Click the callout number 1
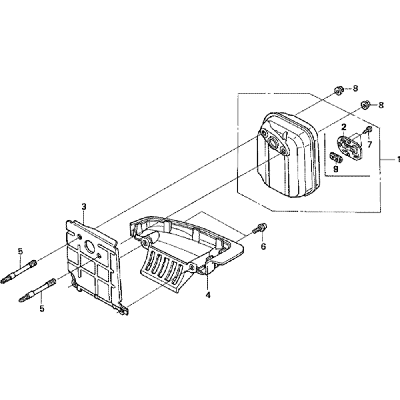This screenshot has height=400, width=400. [398, 160]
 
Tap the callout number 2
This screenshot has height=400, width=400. [344, 127]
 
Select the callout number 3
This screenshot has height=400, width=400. [84, 206]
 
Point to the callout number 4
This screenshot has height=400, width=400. [208, 295]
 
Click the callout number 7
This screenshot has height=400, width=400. [370, 144]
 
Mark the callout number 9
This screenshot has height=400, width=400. [336, 169]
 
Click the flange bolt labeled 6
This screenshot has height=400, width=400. [260, 228]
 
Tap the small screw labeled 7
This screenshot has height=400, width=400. [368, 130]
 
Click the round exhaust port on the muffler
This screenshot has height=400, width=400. [274, 142]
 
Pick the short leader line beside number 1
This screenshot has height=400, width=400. [388, 160]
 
